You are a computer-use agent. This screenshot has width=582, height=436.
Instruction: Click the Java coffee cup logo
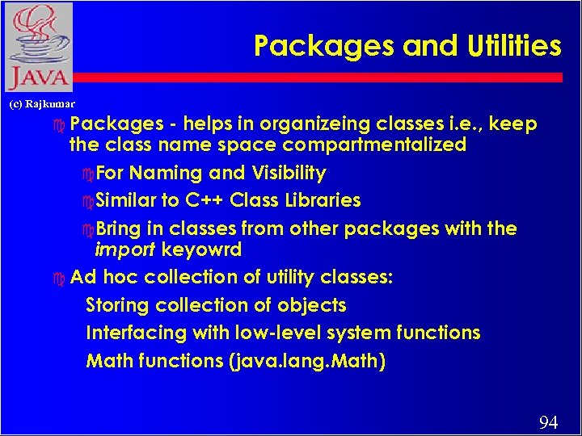click(x=38, y=47)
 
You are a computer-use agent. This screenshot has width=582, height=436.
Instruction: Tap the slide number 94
click(x=548, y=422)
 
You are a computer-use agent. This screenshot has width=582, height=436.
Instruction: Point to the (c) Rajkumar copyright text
click(x=41, y=103)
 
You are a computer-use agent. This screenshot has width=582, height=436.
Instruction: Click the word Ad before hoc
click(x=82, y=277)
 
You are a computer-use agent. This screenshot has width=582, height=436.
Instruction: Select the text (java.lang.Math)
click(x=308, y=361)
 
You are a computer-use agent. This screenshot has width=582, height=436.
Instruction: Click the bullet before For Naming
click(x=89, y=174)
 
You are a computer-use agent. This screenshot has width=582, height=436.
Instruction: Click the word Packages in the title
click(x=324, y=46)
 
